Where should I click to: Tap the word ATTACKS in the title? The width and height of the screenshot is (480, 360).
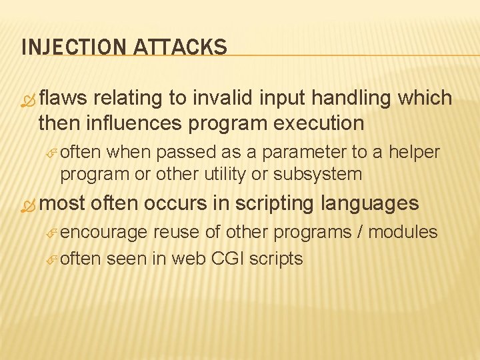pyautogui.click(x=181, y=47)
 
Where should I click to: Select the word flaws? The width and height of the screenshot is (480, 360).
pyautogui.click(x=63, y=98)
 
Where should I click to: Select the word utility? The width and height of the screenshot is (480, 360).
pyautogui.click(x=219, y=175)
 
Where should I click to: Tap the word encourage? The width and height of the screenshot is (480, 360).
pyautogui.click(x=103, y=233)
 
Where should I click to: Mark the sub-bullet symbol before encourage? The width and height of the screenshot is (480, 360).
pyautogui.click(x=53, y=233)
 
